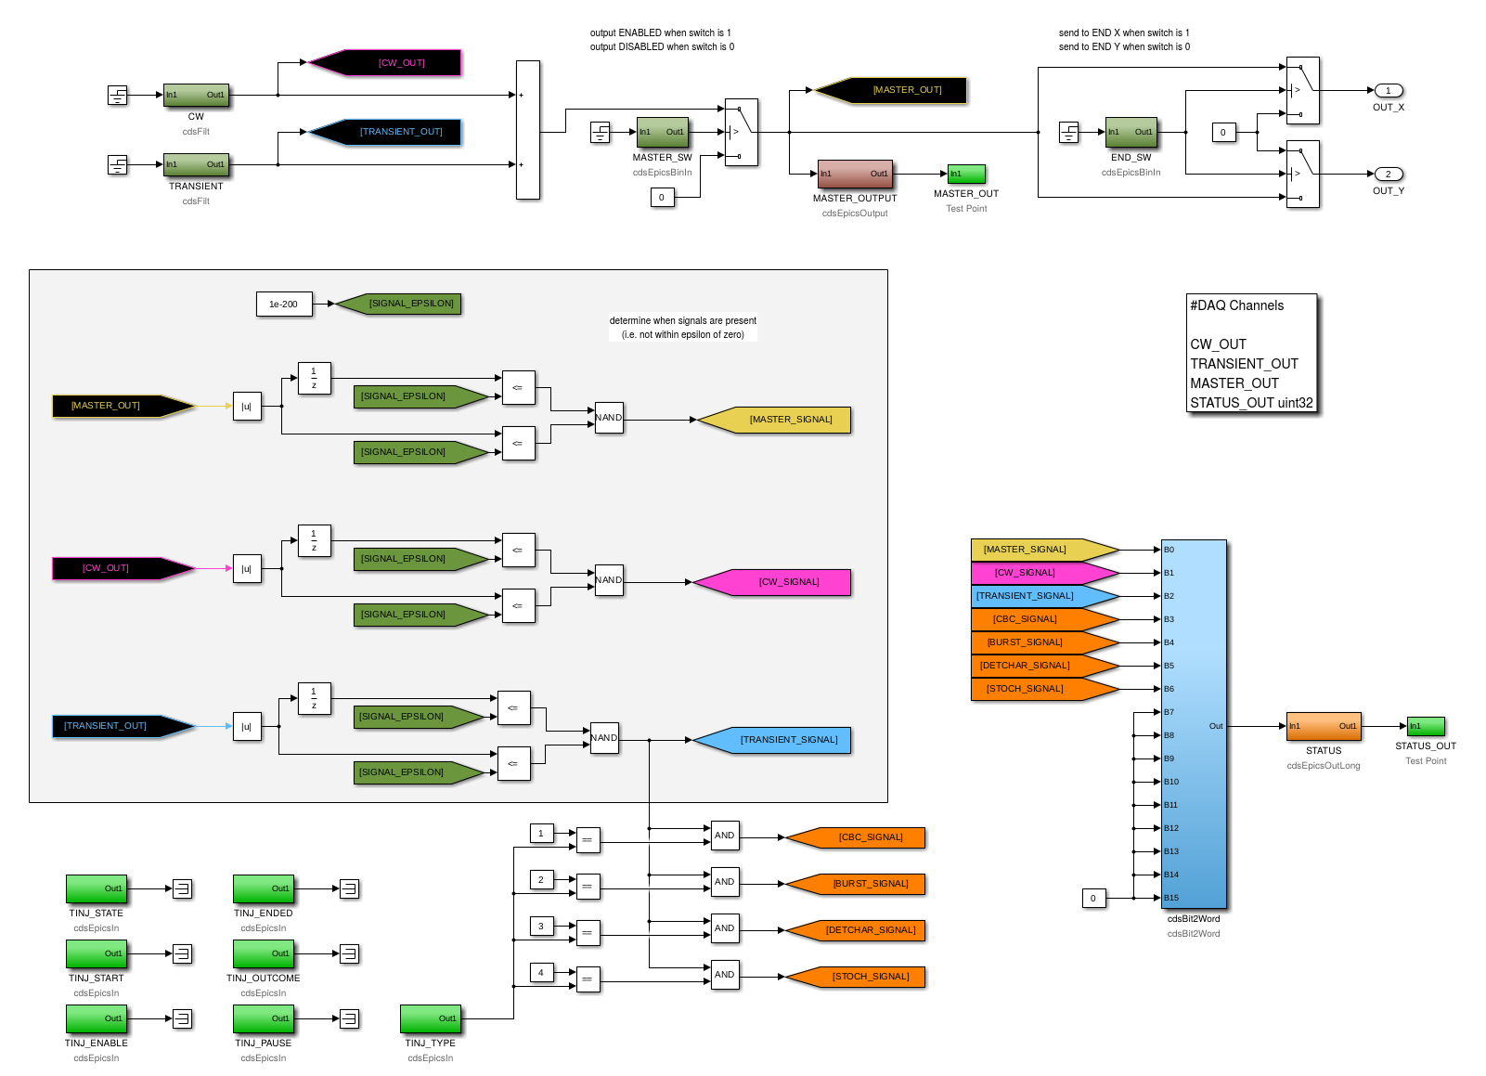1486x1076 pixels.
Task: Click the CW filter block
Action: tap(197, 95)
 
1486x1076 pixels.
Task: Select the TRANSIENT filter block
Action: tap(197, 164)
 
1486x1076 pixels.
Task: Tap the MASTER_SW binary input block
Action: tap(663, 132)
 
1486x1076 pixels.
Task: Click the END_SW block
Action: tap(1131, 132)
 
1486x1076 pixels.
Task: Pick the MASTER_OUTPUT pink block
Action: tap(855, 174)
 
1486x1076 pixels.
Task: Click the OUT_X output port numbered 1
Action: tap(1388, 90)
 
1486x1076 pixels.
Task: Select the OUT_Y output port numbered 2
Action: tap(1388, 174)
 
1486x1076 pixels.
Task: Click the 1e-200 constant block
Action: tap(284, 304)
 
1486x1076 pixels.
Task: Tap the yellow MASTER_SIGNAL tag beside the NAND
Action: tap(774, 420)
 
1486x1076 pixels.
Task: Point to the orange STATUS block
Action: tap(1324, 726)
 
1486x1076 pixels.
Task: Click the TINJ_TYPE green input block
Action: tap(431, 1018)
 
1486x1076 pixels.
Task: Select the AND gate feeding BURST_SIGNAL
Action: tap(725, 882)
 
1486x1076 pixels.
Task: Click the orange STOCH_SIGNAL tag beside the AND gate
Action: tap(855, 977)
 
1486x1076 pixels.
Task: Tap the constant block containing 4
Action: tap(541, 973)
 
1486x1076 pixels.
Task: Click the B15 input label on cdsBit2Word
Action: tap(1171, 898)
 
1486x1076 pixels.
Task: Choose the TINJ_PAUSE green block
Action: tap(264, 1018)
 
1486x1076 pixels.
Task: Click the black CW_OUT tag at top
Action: tap(385, 63)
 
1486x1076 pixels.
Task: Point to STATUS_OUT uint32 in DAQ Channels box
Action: tap(1251, 403)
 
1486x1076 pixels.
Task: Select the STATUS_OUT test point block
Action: tap(1426, 726)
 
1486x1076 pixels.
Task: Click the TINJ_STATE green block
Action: tap(97, 888)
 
